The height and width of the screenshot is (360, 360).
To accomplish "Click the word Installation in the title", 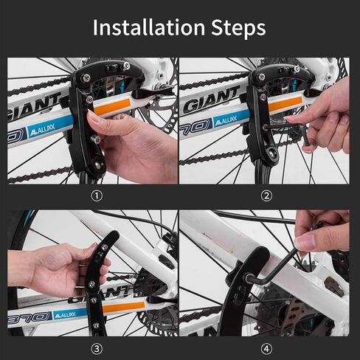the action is click(x=149, y=27).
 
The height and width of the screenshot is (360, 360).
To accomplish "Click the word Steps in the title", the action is click(x=238, y=27).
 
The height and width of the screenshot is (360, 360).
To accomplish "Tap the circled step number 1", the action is click(x=97, y=196).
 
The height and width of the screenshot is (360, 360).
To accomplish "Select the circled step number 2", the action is click(x=266, y=196).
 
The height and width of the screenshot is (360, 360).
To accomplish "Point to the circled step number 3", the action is click(x=97, y=349).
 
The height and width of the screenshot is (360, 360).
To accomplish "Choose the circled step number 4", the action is click(x=266, y=349).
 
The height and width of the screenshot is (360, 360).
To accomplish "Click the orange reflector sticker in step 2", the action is click(x=285, y=103).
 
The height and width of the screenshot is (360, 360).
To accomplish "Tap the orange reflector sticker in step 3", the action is click(x=124, y=307).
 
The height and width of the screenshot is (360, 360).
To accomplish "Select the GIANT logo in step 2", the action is click(x=212, y=100).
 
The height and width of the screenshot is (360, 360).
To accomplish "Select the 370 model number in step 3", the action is click(x=29, y=318).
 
